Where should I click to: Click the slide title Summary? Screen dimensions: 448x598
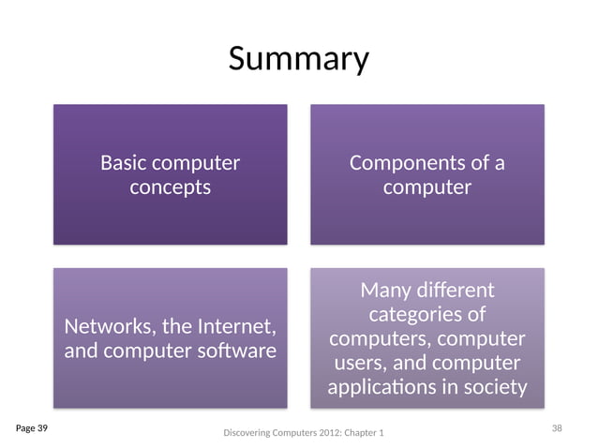(299, 59)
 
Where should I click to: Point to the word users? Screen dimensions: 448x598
(361, 363)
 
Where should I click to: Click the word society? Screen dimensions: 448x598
(495, 387)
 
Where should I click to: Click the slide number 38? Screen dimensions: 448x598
(557, 428)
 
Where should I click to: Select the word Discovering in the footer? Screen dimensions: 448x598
(247, 433)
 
